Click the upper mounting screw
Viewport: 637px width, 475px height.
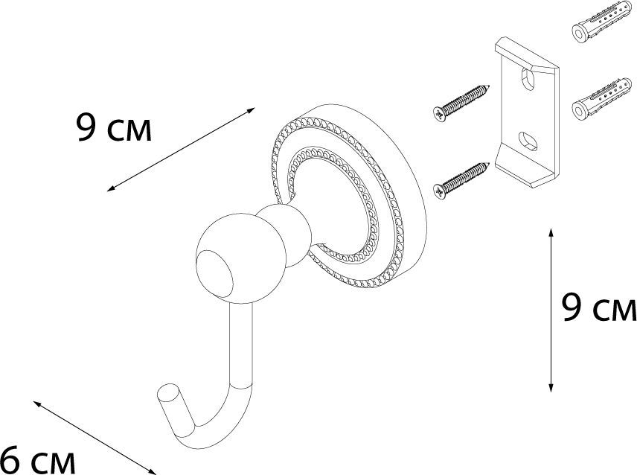pyautogui.click(x=461, y=103)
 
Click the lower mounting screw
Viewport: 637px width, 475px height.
pyautogui.click(x=461, y=181)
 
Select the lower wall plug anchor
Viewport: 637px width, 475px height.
pyautogui.click(x=602, y=99)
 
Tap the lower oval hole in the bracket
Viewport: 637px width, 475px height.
pyautogui.click(x=528, y=141)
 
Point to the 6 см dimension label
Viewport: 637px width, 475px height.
pyautogui.click(x=38, y=459)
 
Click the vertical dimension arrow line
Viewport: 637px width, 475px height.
pyautogui.click(x=551, y=310)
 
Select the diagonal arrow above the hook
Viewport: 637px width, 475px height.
pyautogui.click(x=181, y=149)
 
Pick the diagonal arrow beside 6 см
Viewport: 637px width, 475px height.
pyautogui.click(x=95, y=438)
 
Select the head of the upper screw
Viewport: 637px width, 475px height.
pyautogui.click(x=439, y=114)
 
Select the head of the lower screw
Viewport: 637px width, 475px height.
pyautogui.click(x=439, y=192)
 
